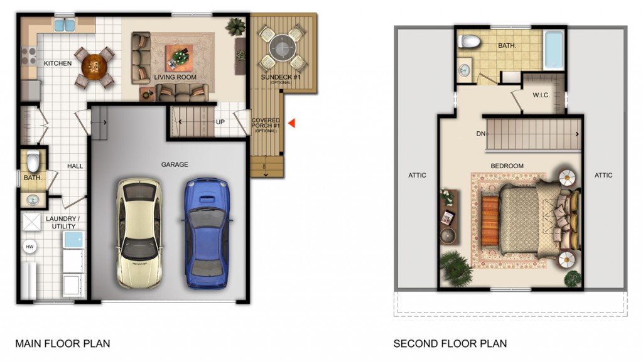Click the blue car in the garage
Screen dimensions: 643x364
pyautogui.click(x=205, y=233)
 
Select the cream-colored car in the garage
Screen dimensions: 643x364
pyautogui.click(x=139, y=232)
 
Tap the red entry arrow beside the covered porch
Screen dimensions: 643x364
pyautogui.click(x=291, y=122)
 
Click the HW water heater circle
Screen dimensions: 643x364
pyautogui.click(x=30, y=247)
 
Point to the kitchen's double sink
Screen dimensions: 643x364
pyautogui.click(x=65, y=25)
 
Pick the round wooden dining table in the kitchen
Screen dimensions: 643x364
pyautogui.click(x=94, y=67)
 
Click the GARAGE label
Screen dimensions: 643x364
pyautogui.click(x=175, y=164)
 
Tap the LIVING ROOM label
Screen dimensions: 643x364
pyautogui.click(x=175, y=77)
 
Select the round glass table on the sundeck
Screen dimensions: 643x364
pyautogui.click(x=282, y=48)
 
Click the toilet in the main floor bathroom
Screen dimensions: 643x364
pyautogui.click(x=33, y=161)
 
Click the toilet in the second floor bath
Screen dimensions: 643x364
pyautogui.click(x=469, y=41)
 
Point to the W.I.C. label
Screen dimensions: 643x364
pyautogui.click(x=541, y=95)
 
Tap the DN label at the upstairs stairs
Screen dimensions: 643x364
pyautogui.click(x=481, y=134)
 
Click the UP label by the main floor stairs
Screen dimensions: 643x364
pyautogui.click(x=220, y=122)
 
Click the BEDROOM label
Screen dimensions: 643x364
pyautogui.click(x=507, y=166)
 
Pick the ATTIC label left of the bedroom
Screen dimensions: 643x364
pyautogui.click(x=417, y=175)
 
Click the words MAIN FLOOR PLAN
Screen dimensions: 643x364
pyautogui.click(x=63, y=343)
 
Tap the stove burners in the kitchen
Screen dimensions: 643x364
pyautogui.click(x=29, y=56)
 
